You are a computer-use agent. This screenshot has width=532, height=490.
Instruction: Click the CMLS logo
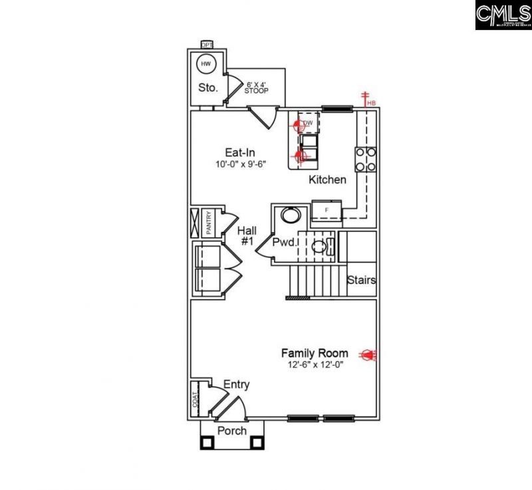[x=503, y=15]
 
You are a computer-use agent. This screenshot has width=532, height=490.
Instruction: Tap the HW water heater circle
[x=206, y=64]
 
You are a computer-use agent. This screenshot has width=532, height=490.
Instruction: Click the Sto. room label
[x=207, y=87]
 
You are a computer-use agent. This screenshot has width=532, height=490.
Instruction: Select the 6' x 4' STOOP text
[x=257, y=88]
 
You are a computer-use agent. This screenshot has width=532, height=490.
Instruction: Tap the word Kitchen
[x=327, y=180]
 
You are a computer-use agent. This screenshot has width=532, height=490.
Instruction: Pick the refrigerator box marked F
[x=327, y=211]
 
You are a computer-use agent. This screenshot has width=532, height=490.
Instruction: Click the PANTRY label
[x=208, y=223]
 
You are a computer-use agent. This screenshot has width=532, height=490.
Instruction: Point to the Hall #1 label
[x=247, y=236]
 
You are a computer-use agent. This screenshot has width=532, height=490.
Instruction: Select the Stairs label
[x=361, y=280]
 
